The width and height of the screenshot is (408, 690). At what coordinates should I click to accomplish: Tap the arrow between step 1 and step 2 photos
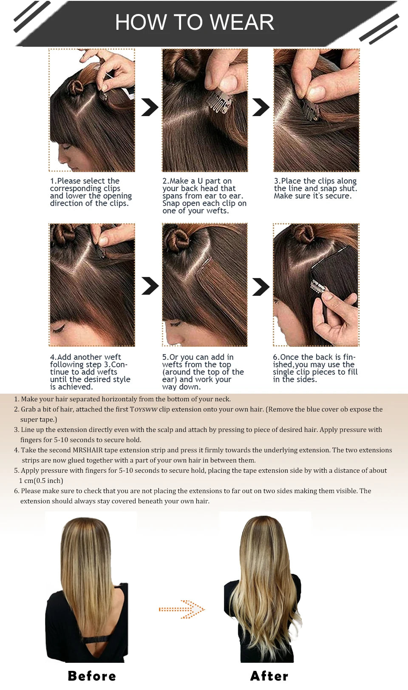(x=149, y=107)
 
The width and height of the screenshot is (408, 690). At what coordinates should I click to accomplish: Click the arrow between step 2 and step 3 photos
(x=261, y=107)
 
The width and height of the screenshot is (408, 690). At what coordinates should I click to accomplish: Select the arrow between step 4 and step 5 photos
(x=150, y=286)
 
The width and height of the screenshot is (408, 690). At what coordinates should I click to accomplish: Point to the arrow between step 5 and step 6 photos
(x=261, y=287)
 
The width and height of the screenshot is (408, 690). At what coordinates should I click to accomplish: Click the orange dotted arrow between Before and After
(x=182, y=609)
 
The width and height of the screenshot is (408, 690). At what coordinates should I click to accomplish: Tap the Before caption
(x=92, y=676)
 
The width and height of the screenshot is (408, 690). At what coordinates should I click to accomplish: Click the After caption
(x=269, y=676)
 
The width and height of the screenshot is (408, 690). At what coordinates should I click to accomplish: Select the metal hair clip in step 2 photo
(x=219, y=103)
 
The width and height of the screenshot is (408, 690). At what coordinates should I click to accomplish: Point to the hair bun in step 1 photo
(x=76, y=87)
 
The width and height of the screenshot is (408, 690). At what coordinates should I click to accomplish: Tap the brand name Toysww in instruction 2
(x=144, y=409)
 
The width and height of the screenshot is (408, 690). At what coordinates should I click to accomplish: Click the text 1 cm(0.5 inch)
(x=41, y=480)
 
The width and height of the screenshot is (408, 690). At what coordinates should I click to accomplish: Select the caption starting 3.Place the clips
(x=315, y=188)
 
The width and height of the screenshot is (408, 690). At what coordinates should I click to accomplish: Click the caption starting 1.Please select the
(x=91, y=192)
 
